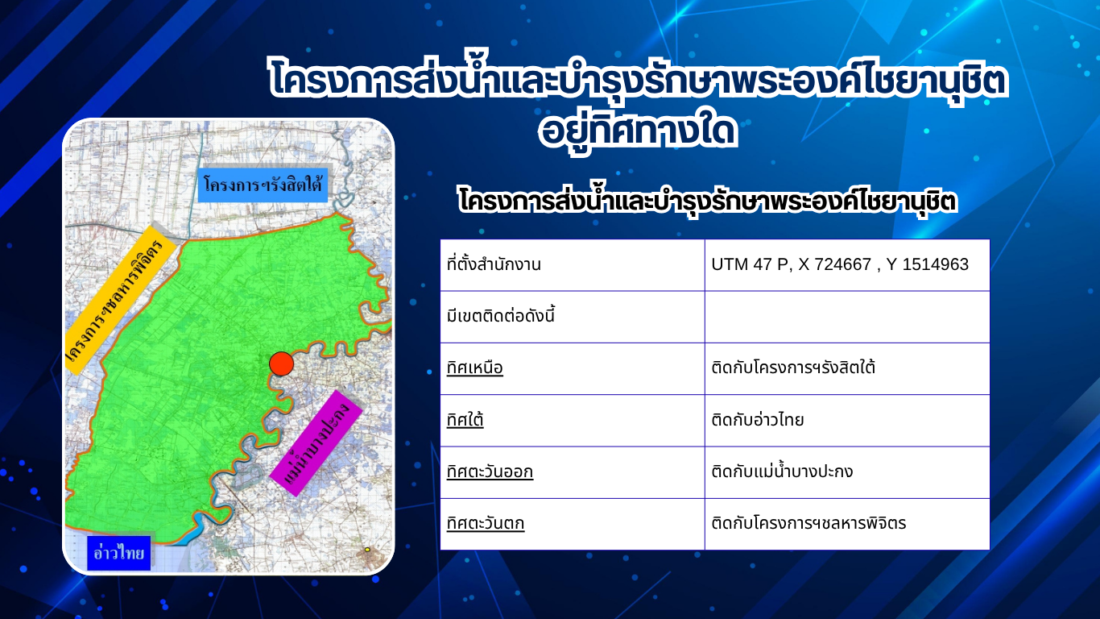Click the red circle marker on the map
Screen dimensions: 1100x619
coord(281,364)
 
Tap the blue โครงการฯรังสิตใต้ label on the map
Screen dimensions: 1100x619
coord(263,185)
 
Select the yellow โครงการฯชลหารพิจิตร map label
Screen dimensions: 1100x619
coord(120,301)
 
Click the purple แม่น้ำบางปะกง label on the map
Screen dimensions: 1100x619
coord(316,442)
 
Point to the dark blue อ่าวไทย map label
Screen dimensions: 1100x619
coord(119,553)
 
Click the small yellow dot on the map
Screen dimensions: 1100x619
coord(367,549)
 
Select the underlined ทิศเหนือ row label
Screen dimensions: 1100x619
coord(475,368)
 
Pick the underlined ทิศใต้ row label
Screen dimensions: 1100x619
coord(465,420)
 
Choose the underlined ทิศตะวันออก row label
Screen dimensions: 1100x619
coord(490,472)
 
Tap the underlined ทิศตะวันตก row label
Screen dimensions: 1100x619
coord(486,523)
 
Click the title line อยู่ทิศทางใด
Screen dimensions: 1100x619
coord(638,131)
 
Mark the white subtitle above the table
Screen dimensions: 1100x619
coord(708,201)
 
